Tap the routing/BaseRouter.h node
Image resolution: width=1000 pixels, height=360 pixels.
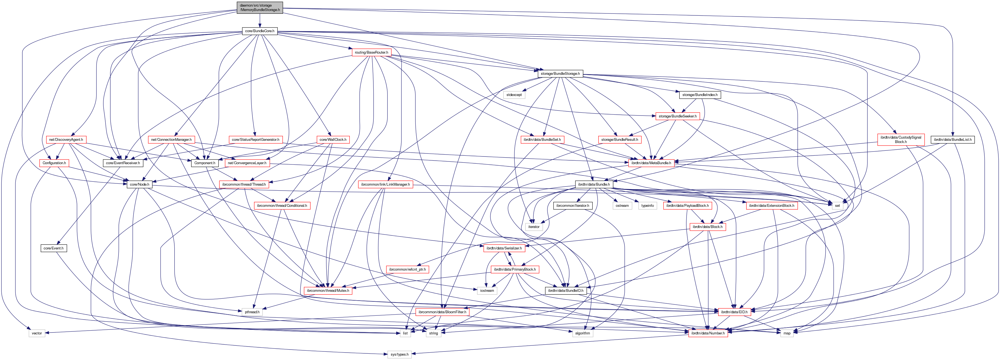[371, 53]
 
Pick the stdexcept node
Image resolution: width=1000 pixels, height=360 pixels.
[514, 95]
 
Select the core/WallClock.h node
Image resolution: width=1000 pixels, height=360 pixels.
[333, 139]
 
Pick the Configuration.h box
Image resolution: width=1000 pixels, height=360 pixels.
[54, 163]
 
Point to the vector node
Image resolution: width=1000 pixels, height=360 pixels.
[37, 333]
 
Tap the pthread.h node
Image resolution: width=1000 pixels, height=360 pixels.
[252, 312]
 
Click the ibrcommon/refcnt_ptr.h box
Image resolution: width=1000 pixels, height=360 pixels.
[407, 269]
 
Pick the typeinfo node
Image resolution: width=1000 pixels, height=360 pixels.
[647, 205]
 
